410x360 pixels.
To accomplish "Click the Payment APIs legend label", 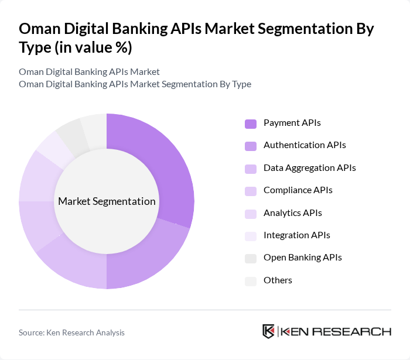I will point(292,123).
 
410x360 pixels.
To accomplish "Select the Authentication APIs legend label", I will point(304,145).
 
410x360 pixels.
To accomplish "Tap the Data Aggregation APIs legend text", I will point(309,168).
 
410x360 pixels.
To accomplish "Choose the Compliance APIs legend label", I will point(298,190).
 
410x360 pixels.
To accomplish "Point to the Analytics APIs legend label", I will point(292,213).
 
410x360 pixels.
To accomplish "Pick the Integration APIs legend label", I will point(296,235).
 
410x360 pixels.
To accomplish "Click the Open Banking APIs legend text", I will point(302,258).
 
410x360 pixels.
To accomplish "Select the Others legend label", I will point(278,280).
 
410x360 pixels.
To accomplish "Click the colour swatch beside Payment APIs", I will point(251,124).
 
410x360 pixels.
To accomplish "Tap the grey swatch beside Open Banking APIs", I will point(251,258).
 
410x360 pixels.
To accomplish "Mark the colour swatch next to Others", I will point(251,281).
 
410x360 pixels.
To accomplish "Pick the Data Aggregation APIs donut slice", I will point(76,263).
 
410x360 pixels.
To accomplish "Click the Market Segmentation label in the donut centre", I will point(107,201).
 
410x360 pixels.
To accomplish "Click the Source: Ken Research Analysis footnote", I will point(71,332).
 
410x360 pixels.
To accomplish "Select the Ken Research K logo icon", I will point(268,331).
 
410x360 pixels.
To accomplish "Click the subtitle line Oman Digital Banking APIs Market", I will point(89,72).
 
